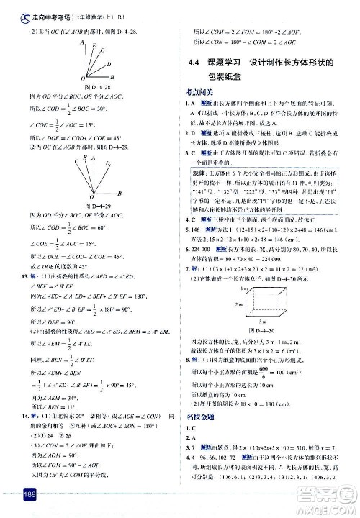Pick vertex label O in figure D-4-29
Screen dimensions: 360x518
pos(91,197)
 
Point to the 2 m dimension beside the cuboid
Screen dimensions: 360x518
pos(206,284)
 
